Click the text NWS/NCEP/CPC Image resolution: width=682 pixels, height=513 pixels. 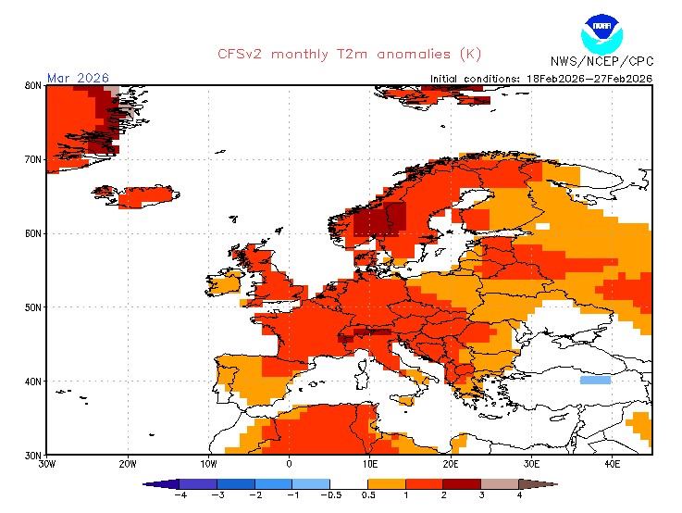pos(601,62)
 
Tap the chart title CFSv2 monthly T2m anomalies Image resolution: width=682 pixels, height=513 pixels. pos(349,54)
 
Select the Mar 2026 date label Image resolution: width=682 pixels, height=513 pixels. pos(78,78)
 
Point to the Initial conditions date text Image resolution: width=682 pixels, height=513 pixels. pos(541,79)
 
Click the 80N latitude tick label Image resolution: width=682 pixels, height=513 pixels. pos(32,85)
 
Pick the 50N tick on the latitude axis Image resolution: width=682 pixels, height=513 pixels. pos(32,307)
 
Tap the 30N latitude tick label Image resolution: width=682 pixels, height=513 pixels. pos(32,455)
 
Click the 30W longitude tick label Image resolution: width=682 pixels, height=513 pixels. pos(46,464)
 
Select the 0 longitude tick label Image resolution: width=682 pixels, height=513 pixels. pos(289,464)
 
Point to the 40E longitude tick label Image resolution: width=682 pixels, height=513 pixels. pos(612,464)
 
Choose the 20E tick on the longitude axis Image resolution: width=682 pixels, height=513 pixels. pos(450,464)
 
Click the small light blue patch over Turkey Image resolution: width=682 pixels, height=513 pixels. pos(594,380)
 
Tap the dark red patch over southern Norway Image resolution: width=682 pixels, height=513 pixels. pos(379,220)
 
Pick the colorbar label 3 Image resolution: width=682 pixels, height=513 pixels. pos(480,494)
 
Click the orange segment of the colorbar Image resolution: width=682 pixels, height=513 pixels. pos(387,483)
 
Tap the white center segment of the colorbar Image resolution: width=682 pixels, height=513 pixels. pos(349,483)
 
